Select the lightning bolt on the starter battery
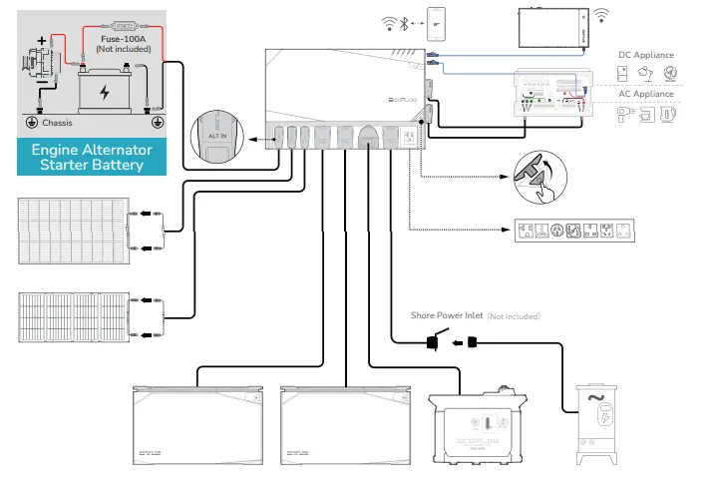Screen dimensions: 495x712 pos(105,92)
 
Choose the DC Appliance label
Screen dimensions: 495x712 pos(646,55)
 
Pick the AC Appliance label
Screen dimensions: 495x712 pos(646,94)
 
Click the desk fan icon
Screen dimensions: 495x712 pos(670,74)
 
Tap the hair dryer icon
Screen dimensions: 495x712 pos(624,113)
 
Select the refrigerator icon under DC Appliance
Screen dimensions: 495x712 pos(623,74)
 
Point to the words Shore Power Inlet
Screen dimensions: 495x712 pos(447,315)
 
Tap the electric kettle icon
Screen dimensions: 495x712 pos(669,113)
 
